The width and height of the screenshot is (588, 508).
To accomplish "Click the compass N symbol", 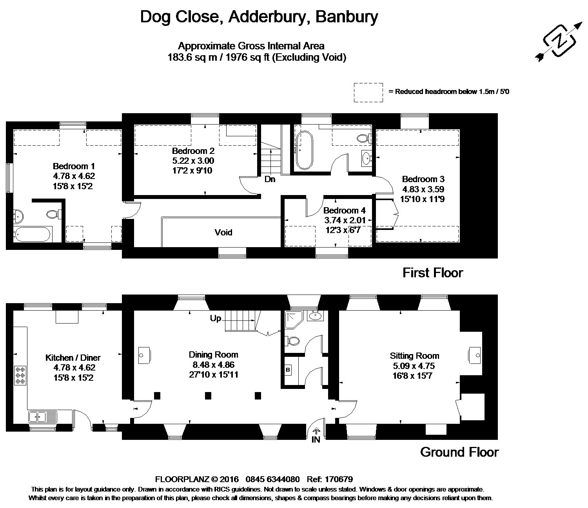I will pos(559,40).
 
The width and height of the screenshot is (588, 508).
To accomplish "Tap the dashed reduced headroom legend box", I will pos(368,92).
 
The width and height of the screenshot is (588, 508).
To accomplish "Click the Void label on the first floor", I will pos(223,232).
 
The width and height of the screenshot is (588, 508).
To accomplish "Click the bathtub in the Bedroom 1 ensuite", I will pos(32,235).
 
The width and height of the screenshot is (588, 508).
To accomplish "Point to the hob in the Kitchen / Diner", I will pos(20,375).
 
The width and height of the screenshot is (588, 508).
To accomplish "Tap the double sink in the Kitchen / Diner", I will pos(42,416).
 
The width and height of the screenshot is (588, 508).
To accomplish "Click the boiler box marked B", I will pos(288,370).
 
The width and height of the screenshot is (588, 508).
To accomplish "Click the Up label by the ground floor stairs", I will pos(216,318).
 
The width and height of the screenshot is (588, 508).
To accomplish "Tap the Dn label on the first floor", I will pos(270,179).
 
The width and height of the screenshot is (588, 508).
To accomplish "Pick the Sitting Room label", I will pos(414,356).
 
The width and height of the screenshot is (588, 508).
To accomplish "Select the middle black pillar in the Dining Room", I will pos(208,396).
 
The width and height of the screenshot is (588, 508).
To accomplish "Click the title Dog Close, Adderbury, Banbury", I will pos(259,17).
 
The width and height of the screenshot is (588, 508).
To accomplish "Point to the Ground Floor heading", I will pos(459,452).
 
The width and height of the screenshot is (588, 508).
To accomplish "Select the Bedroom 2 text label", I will pos(193,151).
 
